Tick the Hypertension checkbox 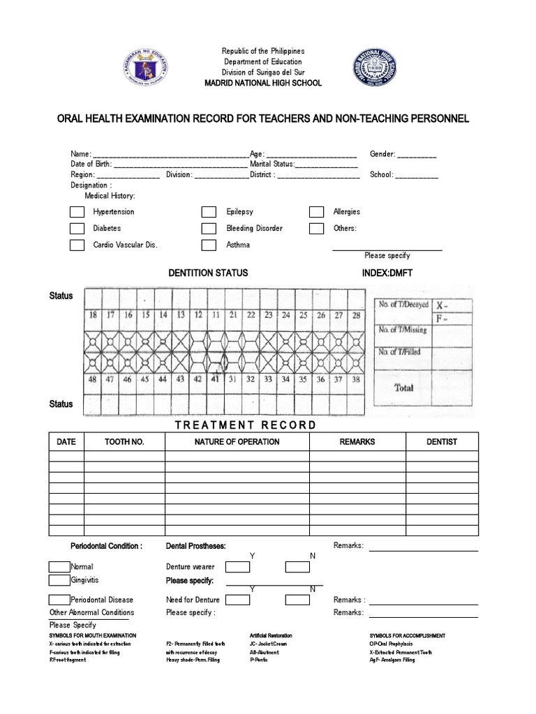[x=77, y=212]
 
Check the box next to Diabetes [x=77, y=229]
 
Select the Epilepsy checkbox [x=209, y=212]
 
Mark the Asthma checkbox [x=209, y=245]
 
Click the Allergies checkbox [x=316, y=212]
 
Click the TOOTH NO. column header [x=124, y=442]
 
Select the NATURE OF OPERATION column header [x=237, y=442]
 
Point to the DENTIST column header [x=442, y=442]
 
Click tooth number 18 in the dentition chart [x=92, y=315]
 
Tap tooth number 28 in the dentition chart [x=356, y=315]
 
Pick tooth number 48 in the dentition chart [x=92, y=380]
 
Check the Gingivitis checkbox [x=59, y=580]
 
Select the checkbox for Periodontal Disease [x=59, y=600]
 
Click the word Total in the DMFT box [x=403, y=388]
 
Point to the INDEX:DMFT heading [x=387, y=273]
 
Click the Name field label [x=81, y=154]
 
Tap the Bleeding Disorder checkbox [x=209, y=229]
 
